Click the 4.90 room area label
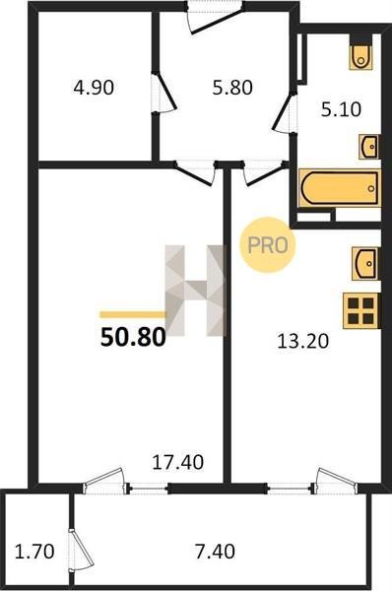[94, 88]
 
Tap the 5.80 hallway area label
[232, 88]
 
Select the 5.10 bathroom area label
[341, 109]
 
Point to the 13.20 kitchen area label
[302, 342]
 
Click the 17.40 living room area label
[178, 462]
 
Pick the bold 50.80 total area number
[133, 337]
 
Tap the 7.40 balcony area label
[216, 552]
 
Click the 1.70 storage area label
[34, 552]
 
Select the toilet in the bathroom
[361, 53]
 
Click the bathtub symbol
[339, 188]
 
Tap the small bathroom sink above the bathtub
[368, 146]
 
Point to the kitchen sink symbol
[364, 263]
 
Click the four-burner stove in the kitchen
[360, 311]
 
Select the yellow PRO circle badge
[268, 245]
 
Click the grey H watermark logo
[195, 291]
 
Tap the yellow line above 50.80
[133, 315]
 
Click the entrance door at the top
[216, 17]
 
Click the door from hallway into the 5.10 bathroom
[285, 112]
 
